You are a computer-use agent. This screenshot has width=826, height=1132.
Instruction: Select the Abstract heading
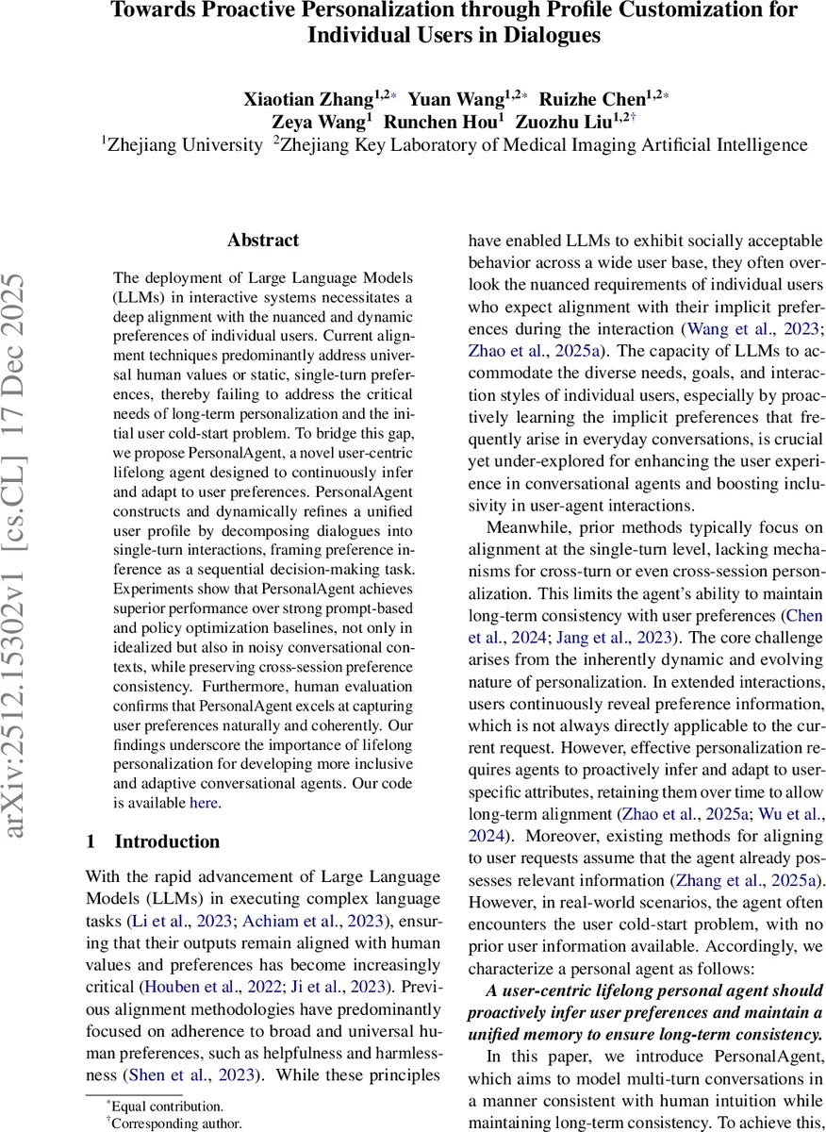[x=263, y=241]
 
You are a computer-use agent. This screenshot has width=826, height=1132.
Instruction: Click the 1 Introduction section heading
[x=153, y=841]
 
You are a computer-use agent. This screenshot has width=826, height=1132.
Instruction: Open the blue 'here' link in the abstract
[x=204, y=803]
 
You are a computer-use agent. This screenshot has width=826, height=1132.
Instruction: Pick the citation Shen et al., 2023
[x=175, y=1074]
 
